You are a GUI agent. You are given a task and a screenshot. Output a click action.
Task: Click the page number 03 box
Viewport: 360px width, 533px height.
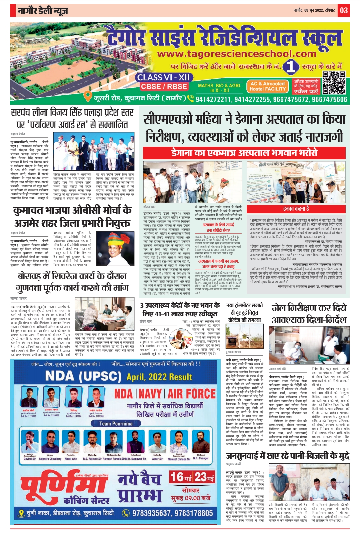(x=344, y=11)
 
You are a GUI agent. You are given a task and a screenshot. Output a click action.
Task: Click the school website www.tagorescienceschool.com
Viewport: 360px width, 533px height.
(x=237, y=54)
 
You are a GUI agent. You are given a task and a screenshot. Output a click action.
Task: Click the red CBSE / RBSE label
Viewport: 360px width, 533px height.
(x=164, y=86)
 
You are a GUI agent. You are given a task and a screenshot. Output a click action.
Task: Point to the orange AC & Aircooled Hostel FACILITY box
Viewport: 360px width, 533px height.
(x=267, y=86)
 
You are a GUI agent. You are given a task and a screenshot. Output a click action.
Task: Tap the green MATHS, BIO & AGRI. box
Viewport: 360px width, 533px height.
(x=219, y=88)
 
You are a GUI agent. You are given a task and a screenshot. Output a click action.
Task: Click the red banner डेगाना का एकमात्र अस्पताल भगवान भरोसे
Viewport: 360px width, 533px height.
(x=244, y=153)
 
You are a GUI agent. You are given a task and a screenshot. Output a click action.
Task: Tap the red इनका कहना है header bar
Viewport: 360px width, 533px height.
(x=296, y=209)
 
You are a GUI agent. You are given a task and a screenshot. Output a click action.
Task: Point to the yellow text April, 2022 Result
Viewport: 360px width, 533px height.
(x=159, y=377)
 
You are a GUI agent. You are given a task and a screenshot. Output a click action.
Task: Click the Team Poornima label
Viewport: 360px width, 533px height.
(x=116, y=424)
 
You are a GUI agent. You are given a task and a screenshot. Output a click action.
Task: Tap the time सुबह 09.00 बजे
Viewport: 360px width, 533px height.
(x=191, y=498)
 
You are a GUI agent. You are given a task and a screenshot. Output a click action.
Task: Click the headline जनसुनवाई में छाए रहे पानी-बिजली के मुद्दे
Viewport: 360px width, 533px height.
(x=288, y=456)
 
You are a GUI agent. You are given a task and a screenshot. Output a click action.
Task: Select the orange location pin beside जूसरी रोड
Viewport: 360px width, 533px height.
(x=87, y=97)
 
